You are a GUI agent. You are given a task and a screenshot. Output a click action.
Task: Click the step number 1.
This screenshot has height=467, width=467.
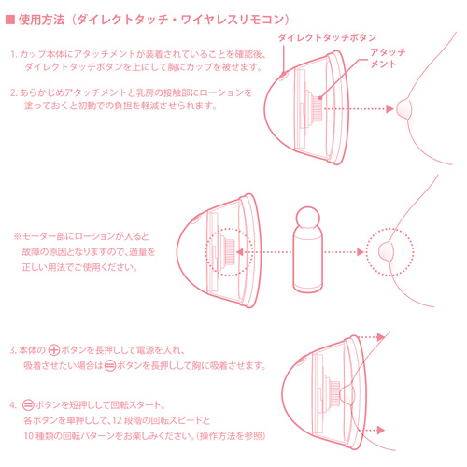point(13,55)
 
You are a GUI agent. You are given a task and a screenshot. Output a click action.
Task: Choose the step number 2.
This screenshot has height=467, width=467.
point(13,93)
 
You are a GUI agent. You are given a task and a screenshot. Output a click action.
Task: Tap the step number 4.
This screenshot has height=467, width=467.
point(13,405)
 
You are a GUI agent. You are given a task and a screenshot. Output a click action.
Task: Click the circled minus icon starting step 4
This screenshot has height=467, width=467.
point(28,405)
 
